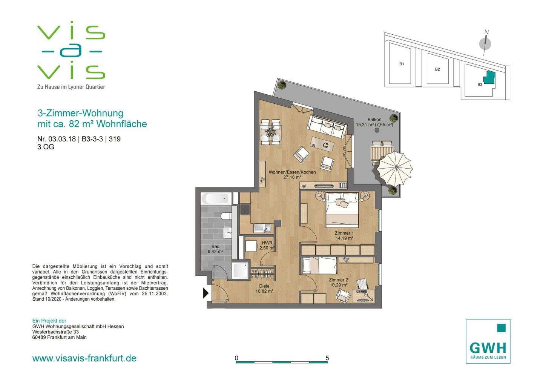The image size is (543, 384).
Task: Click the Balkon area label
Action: coord(374,122)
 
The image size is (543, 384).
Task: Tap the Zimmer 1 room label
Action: coord(344,235)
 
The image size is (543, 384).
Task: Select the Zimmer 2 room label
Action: coord(338,282)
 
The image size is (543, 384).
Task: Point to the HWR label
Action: coord(267,245)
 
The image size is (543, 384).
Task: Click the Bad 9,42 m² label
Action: coord(215,249)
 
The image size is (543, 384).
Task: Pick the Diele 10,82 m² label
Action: coord(264,289)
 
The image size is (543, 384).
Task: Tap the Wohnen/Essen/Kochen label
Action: coord(292,175)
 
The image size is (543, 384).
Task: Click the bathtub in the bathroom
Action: coord(215,199)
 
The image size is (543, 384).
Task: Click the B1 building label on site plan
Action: coord(402,64)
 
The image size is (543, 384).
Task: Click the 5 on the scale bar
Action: coord(327,358)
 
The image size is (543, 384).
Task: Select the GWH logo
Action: coord(488,341)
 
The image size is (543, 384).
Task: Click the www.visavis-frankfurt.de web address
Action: coord(84,358)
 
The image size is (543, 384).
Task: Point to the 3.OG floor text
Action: coord(46,147)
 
